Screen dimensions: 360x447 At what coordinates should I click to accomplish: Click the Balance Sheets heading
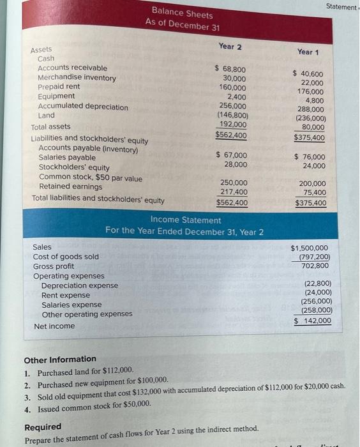point(183,13)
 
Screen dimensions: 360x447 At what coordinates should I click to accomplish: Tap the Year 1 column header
point(308,52)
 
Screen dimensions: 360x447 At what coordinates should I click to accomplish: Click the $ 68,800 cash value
point(230,68)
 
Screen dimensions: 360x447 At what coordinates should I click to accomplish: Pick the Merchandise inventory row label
point(77,78)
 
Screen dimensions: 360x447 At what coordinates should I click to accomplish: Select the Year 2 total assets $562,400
point(230,135)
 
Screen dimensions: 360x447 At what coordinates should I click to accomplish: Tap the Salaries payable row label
point(67,157)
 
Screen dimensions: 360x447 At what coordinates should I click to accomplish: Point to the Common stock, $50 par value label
point(91,178)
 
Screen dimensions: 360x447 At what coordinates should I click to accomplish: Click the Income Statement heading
point(185,220)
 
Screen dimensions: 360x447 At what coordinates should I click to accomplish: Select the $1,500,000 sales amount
point(310,248)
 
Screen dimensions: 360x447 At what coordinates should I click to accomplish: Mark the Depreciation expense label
point(79,285)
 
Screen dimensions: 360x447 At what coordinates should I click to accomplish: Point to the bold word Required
point(43,427)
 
